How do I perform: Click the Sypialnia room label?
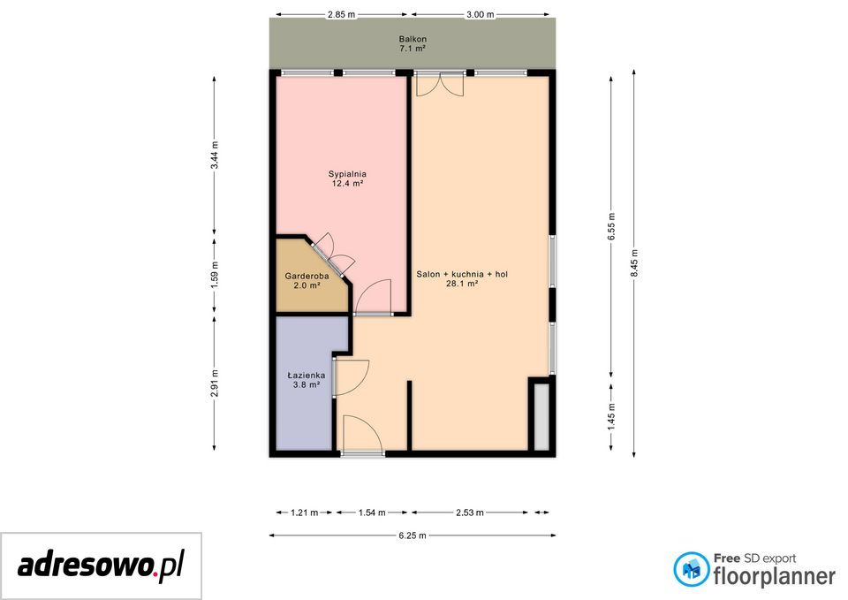(347, 174)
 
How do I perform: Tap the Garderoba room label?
(307, 276)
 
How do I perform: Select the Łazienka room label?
(307, 375)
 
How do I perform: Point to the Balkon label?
(413, 39)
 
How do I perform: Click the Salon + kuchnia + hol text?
(462, 274)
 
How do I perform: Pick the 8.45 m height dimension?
(634, 263)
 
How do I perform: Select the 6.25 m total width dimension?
(413, 535)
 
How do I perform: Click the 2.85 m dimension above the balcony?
(341, 15)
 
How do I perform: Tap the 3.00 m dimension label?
(481, 15)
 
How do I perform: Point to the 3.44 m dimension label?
(215, 155)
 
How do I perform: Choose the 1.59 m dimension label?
(215, 275)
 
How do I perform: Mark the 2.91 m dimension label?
(215, 383)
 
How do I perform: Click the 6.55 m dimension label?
(611, 227)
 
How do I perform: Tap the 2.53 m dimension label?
(469, 513)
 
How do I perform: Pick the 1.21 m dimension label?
(305, 513)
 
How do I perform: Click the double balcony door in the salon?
(440, 84)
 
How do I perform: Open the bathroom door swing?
(351, 377)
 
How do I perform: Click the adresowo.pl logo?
(101, 566)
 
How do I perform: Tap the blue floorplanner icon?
(691, 569)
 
